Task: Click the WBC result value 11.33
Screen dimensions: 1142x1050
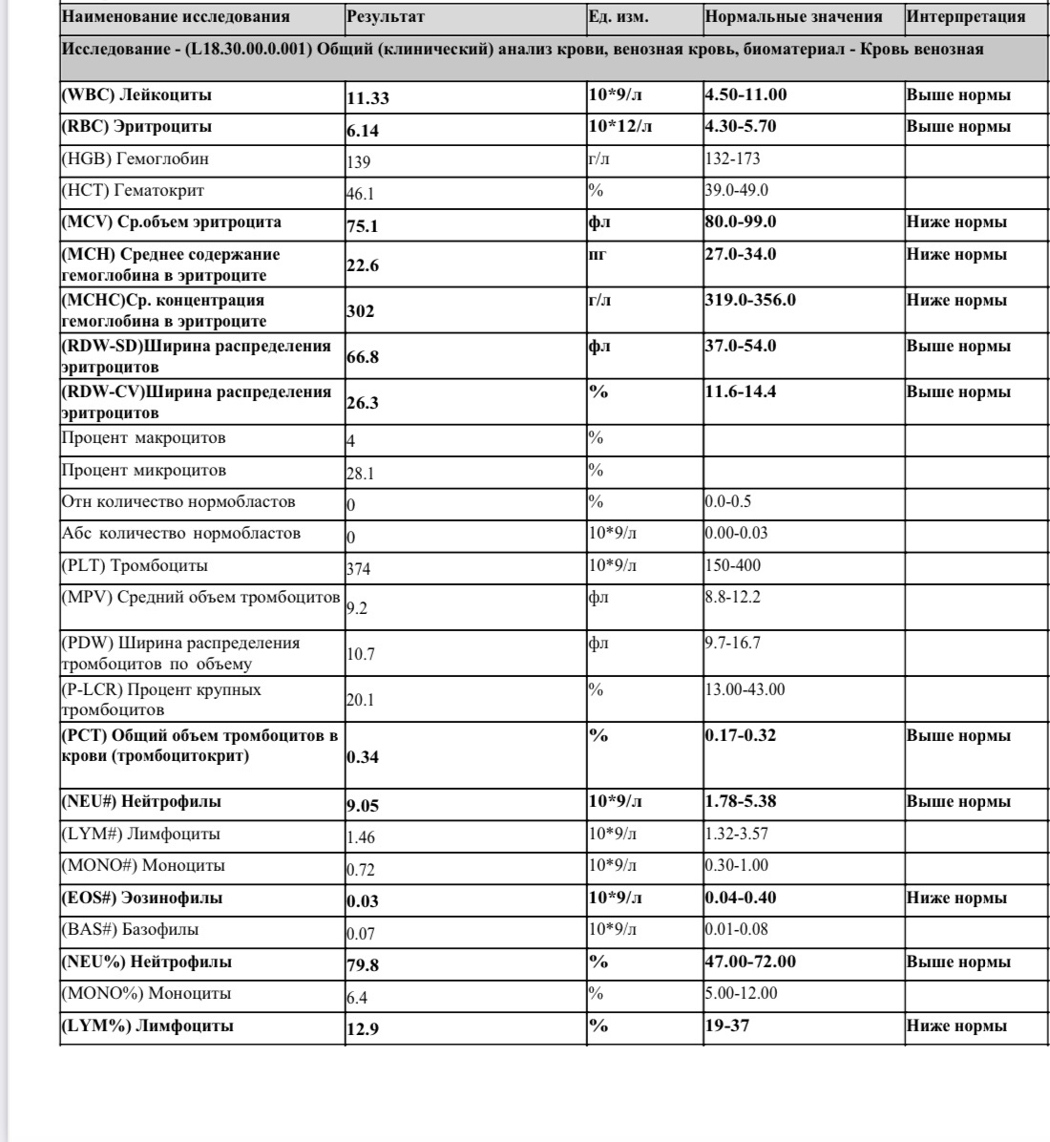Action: tap(368, 96)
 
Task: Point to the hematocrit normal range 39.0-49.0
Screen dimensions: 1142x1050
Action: tap(736, 190)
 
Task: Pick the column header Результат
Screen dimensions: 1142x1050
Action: tap(386, 17)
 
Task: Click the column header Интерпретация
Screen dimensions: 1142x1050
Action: tap(965, 17)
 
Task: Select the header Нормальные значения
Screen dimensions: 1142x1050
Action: tap(793, 17)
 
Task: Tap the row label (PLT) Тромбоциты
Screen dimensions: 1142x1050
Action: tap(135, 565)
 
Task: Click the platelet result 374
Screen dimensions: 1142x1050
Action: tap(358, 569)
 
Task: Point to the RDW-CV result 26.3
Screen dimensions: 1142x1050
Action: tap(363, 403)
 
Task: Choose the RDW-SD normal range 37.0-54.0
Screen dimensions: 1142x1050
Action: tap(740, 346)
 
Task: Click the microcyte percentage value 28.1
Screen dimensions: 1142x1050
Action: tap(360, 474)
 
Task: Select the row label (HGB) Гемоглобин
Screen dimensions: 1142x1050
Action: tap(136, 159)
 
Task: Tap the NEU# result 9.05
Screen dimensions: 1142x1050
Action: tap(363, 805)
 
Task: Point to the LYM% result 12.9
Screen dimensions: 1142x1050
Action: tap(363, 1029)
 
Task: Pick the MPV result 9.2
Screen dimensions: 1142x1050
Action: tap(356, 607)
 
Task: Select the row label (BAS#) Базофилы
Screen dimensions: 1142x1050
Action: tap(131, 929)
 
